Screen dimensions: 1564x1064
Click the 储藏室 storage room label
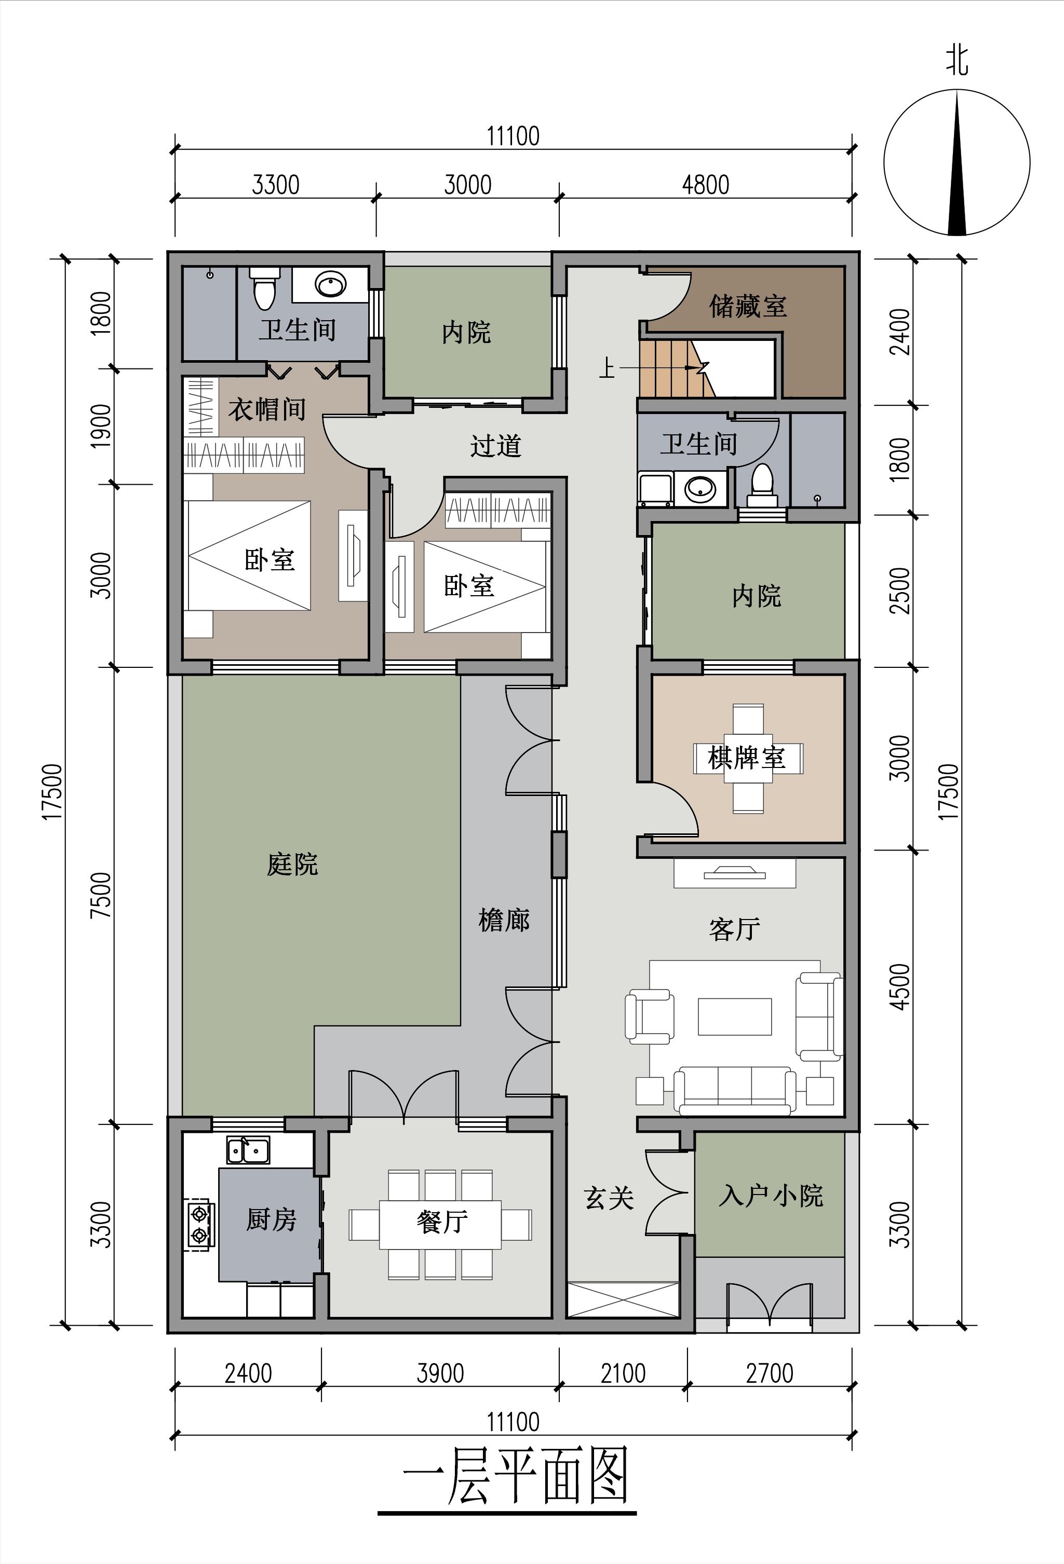[747, 306]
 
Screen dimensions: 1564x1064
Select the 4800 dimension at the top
[705, 184]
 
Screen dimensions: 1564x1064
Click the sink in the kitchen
[248, 1150]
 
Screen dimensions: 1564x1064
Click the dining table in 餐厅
[440, 1224]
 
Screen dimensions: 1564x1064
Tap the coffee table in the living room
[734, 1016]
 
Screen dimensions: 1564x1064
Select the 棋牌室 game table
[747, 759]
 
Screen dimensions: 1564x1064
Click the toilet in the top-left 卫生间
[264, 287]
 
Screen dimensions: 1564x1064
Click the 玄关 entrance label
[609, 1198]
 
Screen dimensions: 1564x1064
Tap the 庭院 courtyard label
[292, 863]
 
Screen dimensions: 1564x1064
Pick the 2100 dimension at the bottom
[623, 1373]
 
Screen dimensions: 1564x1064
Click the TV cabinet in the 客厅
[735, 873]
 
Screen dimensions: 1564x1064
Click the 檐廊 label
[504, 920]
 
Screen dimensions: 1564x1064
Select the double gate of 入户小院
[769, 1306]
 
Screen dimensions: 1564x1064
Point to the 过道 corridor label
[495, 446]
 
